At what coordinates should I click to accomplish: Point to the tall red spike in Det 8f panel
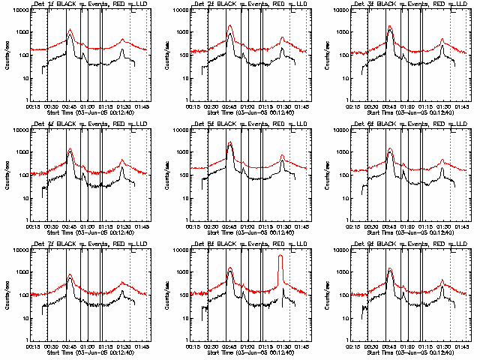click(280, 257)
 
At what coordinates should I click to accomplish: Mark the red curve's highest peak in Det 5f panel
click(230, 142)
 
